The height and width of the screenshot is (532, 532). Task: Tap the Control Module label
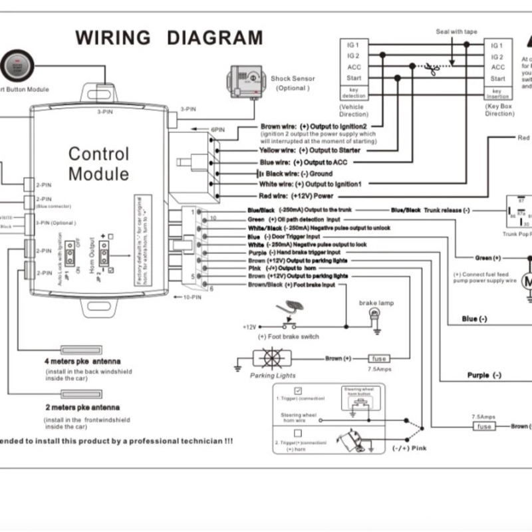(x=98, y=164)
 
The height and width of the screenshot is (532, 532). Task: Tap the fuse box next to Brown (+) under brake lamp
(x=379, y=358)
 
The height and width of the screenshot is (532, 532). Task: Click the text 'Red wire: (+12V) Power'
(x=296, y=196)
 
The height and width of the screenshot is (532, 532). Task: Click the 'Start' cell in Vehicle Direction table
(x=354, y=78)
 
